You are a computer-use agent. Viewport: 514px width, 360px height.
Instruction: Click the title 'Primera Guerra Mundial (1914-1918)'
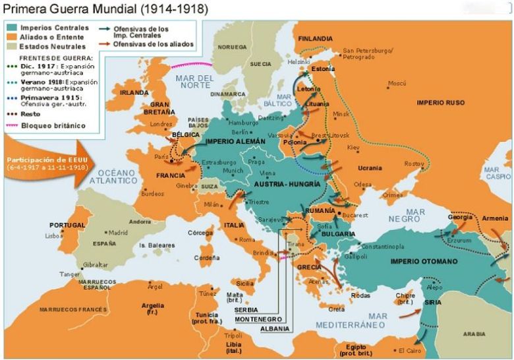(105, 9)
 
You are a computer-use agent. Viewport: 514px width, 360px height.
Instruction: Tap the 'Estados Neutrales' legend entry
(50, 47)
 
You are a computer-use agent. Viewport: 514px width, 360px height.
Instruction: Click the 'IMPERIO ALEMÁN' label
(235, 141)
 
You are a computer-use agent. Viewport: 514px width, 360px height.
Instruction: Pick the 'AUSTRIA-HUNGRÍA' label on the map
(287, 184)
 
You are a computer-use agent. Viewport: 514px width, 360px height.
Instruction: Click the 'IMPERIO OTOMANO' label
(424, 261)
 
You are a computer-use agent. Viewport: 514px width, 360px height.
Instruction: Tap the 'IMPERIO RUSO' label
(441, 103)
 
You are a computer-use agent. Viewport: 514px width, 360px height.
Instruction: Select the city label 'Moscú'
(397, 83)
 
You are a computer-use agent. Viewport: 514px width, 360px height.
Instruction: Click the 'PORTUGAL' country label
(67, 225)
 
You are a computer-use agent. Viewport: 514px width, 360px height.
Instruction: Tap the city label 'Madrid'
(118, 232)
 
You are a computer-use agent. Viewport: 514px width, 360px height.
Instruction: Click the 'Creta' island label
(337, 309)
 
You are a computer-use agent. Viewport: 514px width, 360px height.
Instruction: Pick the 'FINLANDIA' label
(315, 38)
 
